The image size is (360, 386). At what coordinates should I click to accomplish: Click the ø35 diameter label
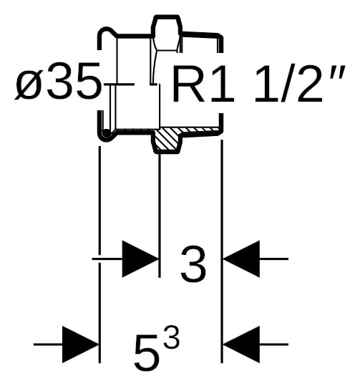(x=58, y=81)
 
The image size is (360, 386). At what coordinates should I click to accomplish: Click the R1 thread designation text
(x=203, y=83)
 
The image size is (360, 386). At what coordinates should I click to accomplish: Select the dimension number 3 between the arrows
(x=193, y=264)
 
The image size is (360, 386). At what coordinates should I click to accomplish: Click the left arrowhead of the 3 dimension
(x=140, y=259)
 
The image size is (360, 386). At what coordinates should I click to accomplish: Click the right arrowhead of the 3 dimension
(x=241, y=259)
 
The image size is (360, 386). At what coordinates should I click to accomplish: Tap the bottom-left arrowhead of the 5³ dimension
(x=80, y=344)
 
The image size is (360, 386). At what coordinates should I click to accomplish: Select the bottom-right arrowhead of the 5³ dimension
(x=241, y=344)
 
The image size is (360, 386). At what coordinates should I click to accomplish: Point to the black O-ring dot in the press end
(x=107, y=133)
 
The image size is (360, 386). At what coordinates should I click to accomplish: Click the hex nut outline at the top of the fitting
(x=167, y=33)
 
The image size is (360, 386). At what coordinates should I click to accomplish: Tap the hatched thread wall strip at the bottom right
(x=200, y=130)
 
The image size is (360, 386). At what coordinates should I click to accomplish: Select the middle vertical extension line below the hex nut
(x=160, y=215)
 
